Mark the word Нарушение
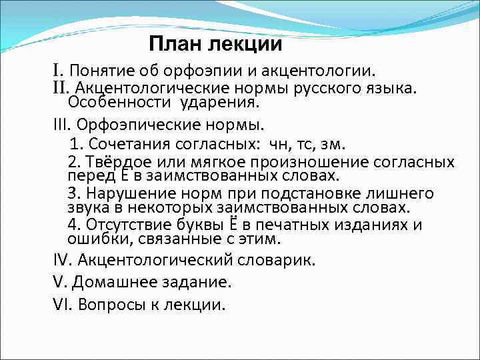[x=123, y=194]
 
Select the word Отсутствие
[x=125, y=225]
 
